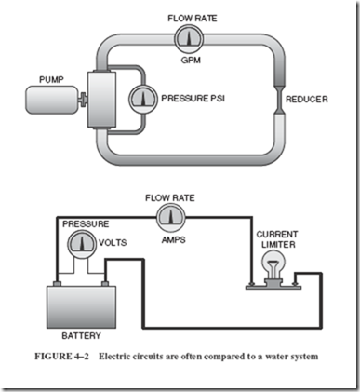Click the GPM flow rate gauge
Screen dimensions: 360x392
[x=189, y=39]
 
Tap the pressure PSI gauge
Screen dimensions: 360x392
[x=143, y=99]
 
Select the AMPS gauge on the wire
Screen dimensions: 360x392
[x=170, y=218]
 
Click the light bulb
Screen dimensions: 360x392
[x=273, y=266]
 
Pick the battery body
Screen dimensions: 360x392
[x=81, y=307]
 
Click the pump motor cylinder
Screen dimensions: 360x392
[x=51, y=100]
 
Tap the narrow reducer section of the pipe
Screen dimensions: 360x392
[x=280, y=100]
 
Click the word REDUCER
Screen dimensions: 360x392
[x=306, y=100]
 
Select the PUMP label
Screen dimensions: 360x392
[x=51, y=80]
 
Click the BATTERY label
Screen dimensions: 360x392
[x=81, y=336]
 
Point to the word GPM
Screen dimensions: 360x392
[x=191, y=60]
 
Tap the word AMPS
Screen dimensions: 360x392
[x=173, y=239]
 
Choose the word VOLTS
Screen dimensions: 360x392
[x=113, y=242]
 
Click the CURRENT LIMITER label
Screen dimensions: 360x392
[x=277, y=239]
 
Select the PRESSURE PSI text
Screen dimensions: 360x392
[x=193, y=99]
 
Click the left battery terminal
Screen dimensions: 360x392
[x=58, y=283]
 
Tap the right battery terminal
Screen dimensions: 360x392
[x=105, y=283]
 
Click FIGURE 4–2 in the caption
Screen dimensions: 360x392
[x=61, y=356]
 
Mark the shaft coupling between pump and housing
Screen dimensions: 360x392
[x=83, y=100]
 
